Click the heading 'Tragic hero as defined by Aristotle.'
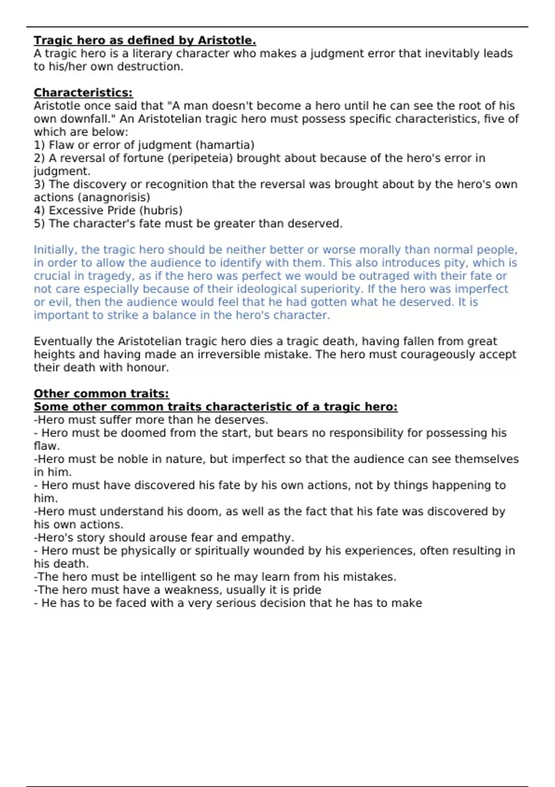(x=145, y=41)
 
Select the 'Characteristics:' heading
(x=83, y=93)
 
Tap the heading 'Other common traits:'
(x=101, y=394)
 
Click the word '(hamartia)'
(x=225, y=145)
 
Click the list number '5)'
(x=39, y=224)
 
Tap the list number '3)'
(x=39, y=185)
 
